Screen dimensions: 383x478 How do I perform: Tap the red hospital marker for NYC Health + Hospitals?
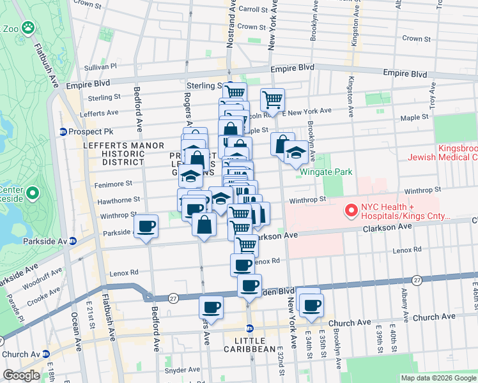pos(350,210)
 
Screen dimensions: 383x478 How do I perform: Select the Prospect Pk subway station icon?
pos(63,132)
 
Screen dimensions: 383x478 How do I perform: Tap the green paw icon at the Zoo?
pos(27,28)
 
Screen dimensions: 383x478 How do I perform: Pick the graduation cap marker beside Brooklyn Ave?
pos(295,153)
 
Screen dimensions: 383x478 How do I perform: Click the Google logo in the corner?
pos(21,376)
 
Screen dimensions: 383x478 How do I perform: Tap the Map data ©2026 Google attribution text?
pos(438,378)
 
